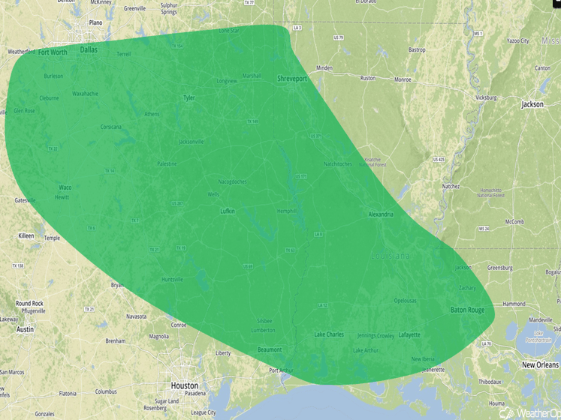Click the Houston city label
tap(185, 385)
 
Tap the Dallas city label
tap(89, 50)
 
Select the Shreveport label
tap(293, 78)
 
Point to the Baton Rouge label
tap(467, 310)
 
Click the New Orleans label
tap(541, 364)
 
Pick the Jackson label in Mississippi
tap(532, 105)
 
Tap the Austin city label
tap(25, 329)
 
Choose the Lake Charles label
tap(329, 334)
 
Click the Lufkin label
tap(228, 211)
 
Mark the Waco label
tap(65, 187)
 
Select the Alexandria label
tap(381, 214)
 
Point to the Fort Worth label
tap(53, 52)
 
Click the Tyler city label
tap(189, 97)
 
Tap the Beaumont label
tap(270, 349)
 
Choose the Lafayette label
tap(409, 334)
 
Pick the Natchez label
tap(451, 186)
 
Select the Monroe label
tap(403, 79)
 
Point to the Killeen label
tap(26, 235)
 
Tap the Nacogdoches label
tap(232, 181)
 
